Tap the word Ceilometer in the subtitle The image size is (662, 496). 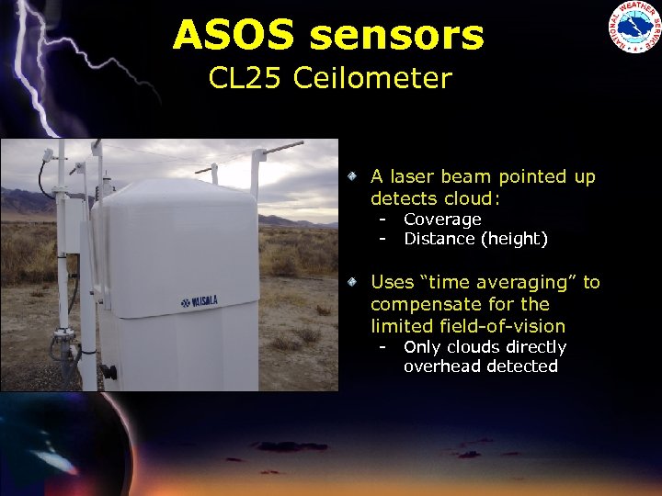tap(372, 78)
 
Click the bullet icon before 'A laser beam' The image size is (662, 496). tap(352, 175)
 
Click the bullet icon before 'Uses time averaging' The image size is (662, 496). tap(352, 281)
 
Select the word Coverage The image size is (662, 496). tap(442, 220)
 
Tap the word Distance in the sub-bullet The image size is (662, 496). tap(439, 239)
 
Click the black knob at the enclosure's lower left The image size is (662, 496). tap(109, 372)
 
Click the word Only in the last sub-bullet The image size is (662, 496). tap(422, 347)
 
